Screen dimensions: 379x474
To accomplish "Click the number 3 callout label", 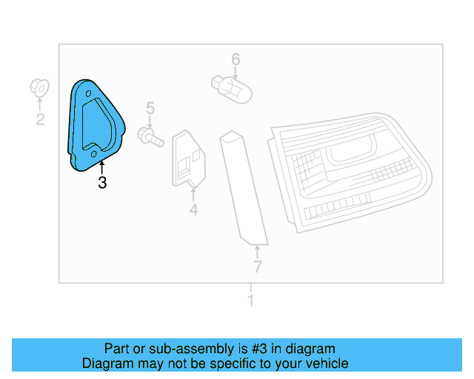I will pos(102,182).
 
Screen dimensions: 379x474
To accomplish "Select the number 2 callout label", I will pos(41,119).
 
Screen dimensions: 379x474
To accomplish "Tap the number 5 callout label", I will pos(150,109).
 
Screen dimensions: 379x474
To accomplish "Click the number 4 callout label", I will pos(193,210).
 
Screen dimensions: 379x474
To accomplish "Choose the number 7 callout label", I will pos(257,267).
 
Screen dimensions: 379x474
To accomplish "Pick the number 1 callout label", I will pos(250,301).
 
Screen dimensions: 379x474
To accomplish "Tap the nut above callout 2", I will pos(40,87).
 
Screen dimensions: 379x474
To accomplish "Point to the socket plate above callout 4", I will pos(190,158).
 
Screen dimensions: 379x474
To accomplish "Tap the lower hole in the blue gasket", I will pos(94,153).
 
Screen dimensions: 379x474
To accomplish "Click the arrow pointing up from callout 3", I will pos(102,167).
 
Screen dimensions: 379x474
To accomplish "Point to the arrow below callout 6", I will pos(235,73).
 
